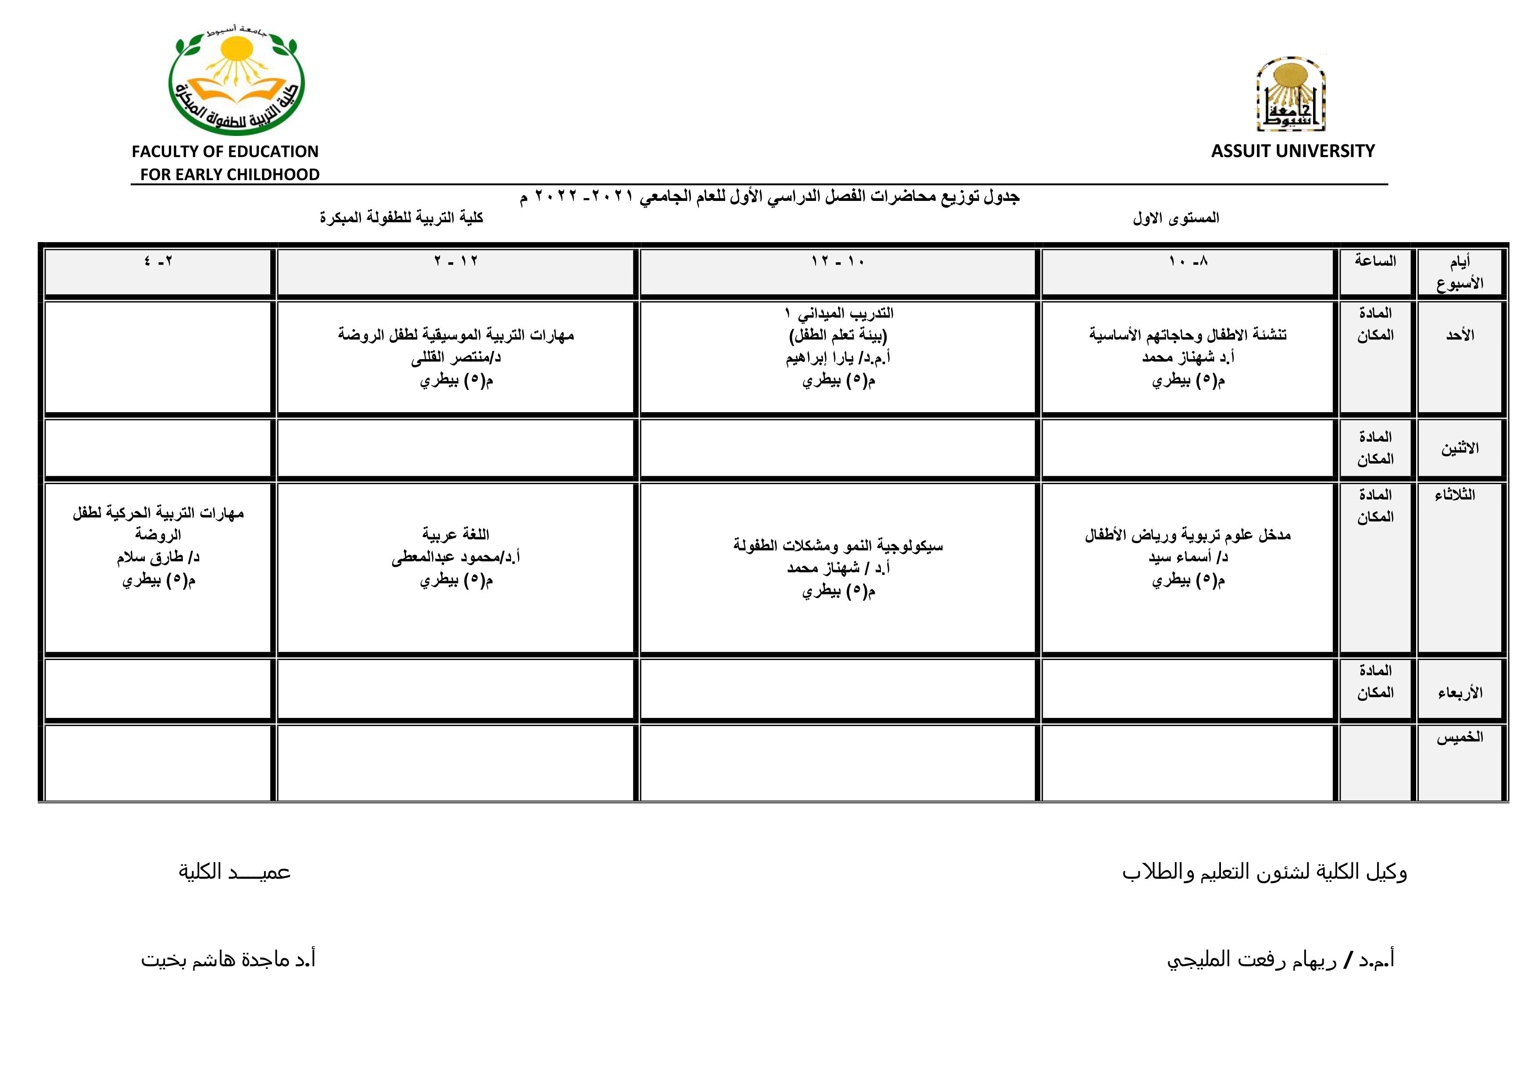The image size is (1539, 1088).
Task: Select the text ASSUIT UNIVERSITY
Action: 1292,151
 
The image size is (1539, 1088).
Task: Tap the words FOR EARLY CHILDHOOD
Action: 229,175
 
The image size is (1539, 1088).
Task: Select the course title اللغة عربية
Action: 456,535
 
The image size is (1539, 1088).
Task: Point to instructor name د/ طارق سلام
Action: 158,557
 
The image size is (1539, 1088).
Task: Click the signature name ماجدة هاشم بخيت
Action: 228,960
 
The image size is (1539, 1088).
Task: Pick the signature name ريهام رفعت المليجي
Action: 1280,960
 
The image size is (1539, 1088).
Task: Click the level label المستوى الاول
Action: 1176,218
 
